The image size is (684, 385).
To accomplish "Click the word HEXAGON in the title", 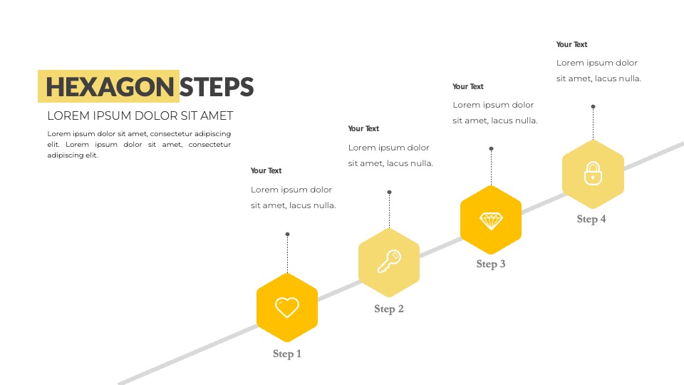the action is [x=110, y=87].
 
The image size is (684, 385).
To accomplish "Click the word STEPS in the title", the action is [x=217, y=87].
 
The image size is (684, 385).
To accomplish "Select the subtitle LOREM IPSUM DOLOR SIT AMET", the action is [x=140, y=115].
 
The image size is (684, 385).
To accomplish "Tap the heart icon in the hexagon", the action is [x=287, y=307].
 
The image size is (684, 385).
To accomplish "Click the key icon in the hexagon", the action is [x=389, y=262].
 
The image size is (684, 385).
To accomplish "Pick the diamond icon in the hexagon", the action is [x=491, y=221].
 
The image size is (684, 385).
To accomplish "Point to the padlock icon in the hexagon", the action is [x=593, y=173].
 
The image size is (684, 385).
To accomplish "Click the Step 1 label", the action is [x=287, y=354].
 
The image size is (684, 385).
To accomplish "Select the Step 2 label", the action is [x=389, y=309].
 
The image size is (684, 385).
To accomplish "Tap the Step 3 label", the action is [x=491, y=264].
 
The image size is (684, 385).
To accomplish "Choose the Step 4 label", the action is [x=591, y=219].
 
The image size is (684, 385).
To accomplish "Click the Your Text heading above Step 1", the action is [x=266, y=170].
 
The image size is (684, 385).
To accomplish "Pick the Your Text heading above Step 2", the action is [x=363, y=128].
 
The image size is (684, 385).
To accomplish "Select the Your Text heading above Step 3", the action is [x=468, y=86].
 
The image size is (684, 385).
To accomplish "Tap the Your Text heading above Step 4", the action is [x=572, y=44].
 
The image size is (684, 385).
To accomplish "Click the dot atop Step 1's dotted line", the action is [x=287, y=235].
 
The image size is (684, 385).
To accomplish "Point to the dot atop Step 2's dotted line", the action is [x=390, y=192].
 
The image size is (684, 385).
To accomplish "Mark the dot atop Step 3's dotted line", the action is [x=491, y=149].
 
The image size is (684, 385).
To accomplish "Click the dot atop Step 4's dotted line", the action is [x=594, y=106].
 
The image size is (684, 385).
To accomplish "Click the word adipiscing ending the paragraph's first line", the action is [x=212, y=134].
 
